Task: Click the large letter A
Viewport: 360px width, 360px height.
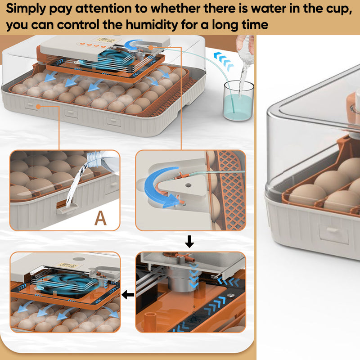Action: pyautogui.click(x=100, y=218)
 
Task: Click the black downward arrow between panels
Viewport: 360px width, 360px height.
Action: pyautogui.click(x=189, y=241)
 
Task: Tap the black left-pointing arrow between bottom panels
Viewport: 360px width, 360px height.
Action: pyautogui.click(x=128, y=295)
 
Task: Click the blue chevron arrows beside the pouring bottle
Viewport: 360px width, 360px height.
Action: pyautogui.click(x=224, y=61)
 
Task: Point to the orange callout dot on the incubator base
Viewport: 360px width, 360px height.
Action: pyautogui.click(x=38, y=107)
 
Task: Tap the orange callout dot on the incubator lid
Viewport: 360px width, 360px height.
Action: pyautogui.click(x=151, y=48)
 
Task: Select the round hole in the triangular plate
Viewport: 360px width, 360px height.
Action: pyautogui.click(x=188, y=185)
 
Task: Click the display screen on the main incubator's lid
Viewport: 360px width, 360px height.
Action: pyautogui.click(x=106, y=40)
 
